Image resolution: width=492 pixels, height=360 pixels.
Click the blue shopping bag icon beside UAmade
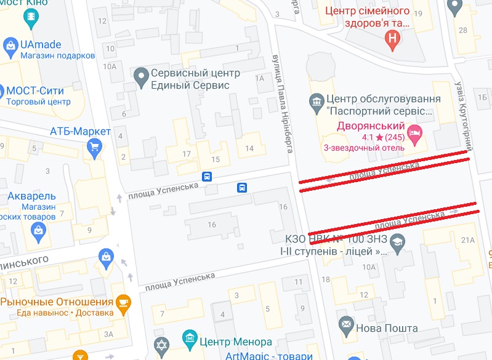tap(10, 45)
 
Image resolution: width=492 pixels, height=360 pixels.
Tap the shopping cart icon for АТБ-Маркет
tap(94, 146)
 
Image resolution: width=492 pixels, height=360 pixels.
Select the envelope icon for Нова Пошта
tap(346, 322)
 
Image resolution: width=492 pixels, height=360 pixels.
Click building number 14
tap(249, 148)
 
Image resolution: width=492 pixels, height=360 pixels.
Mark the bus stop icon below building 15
tap(208, 177)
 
